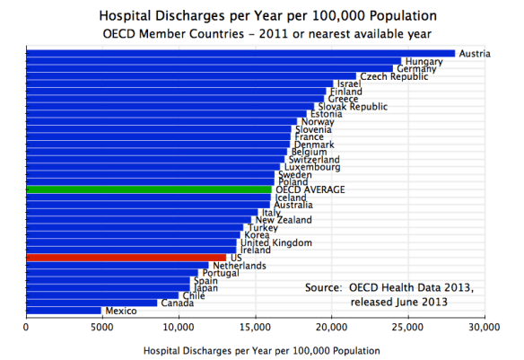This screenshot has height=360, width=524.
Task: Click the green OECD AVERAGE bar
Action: coord(148,189)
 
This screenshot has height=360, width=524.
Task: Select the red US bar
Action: coord(126,258)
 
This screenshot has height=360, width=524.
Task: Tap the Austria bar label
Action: coord(475,54)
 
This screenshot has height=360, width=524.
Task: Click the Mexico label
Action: coord(120,311)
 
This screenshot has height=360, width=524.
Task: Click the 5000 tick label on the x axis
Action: coord(102,329)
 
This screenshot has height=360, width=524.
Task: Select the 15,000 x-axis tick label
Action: coord(256,329)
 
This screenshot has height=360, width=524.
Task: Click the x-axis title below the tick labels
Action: coord(256,349)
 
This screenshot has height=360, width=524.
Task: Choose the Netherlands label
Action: coord(239,266)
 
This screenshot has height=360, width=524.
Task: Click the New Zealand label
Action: coord(284,220)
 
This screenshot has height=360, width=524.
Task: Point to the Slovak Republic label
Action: coord(354,107)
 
